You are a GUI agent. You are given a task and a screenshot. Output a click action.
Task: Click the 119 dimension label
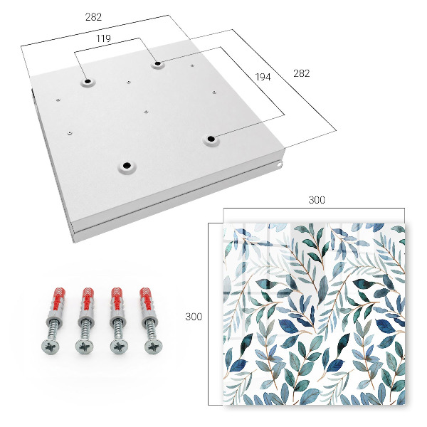coord(103,38)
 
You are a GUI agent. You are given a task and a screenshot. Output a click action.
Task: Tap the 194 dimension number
coord(263,77)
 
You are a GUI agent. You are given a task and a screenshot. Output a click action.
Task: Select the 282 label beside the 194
coord(302,73)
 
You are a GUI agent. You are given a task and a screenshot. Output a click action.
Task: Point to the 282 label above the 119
coord(93,17)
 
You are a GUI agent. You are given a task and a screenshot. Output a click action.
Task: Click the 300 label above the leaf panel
coord(317,200)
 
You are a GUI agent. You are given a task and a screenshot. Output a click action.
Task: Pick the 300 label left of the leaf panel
coord(194,317)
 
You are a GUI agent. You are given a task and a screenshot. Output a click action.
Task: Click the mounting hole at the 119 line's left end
coord(88,81)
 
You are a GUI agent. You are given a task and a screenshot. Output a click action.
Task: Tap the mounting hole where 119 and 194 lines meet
coord(158,64)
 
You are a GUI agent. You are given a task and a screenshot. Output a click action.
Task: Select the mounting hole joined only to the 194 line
coord(211,139)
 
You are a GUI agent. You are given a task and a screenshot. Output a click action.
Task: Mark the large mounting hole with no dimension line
coord(127,165)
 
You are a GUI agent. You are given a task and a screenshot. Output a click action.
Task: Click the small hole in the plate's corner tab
coord(280,164)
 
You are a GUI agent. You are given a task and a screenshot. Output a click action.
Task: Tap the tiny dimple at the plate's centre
coord(146,112)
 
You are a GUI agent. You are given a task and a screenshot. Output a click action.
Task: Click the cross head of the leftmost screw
coord(51,347)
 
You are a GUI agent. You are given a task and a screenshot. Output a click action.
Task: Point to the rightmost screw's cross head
coord(153,347)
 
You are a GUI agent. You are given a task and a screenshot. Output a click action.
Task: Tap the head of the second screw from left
coord(85,347)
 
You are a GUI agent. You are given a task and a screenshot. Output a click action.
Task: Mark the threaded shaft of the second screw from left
coord(85,330)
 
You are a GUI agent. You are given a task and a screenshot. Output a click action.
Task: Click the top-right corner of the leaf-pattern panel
coord(405,223)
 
